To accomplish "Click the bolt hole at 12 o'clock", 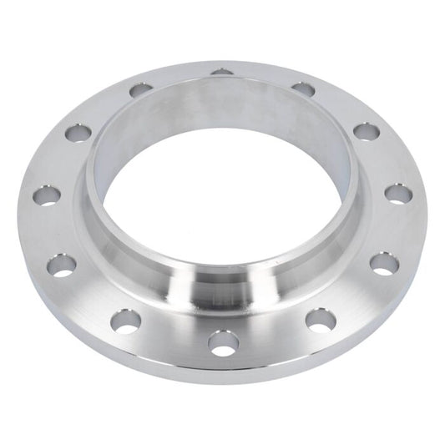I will [x=222, y=72].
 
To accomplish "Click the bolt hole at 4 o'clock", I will [x=384, y=264].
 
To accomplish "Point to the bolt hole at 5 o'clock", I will [x=321, y=319].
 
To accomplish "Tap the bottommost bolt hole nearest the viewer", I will [x=224, y=342].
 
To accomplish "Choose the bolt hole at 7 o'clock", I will [x=127, y=321].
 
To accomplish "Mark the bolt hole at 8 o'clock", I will [x=61, y=265].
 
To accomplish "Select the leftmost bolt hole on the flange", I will [x=45, y=197].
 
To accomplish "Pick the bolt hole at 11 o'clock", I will [x=142, y=88].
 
